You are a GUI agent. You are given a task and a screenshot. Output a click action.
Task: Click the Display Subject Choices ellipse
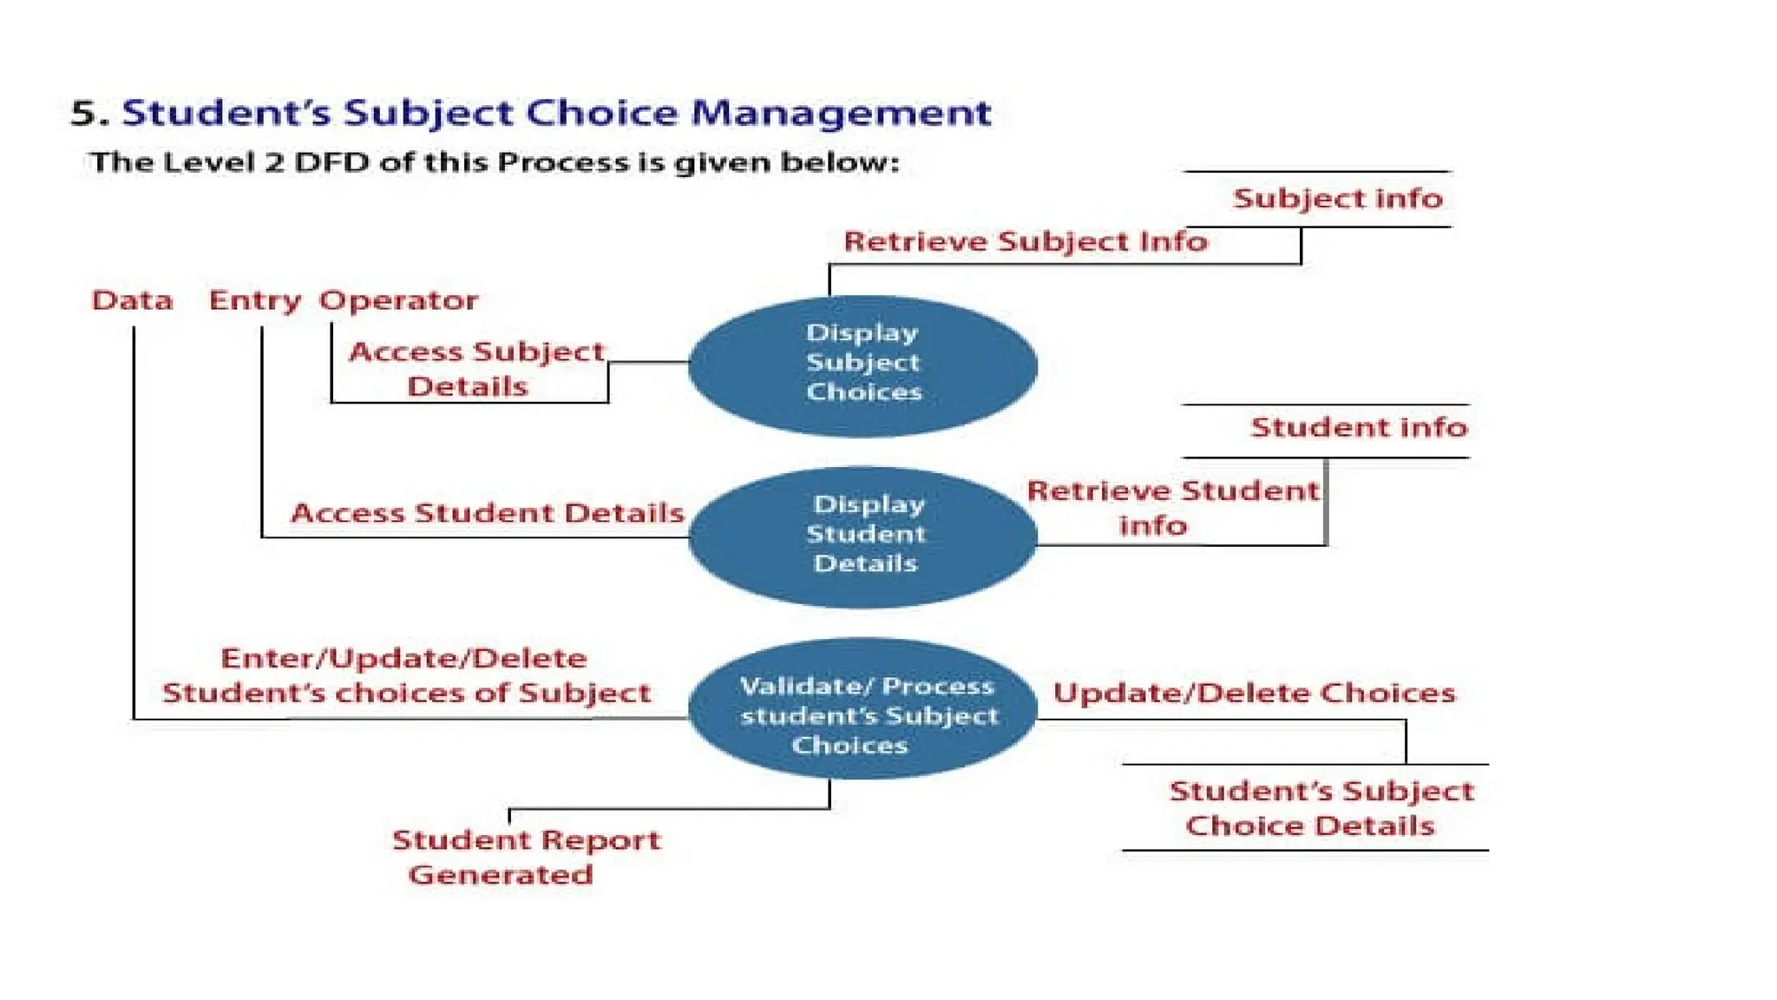pyautogui.click(x=862, y=365)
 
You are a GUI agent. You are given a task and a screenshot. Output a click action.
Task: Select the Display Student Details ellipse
pyautogui.click(x=862, y=536)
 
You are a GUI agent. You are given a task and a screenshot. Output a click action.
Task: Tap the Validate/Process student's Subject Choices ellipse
pyautogui.click(x=862, y=708)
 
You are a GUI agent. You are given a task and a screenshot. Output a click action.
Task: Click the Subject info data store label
pyautogui.click(x=1337, y=199)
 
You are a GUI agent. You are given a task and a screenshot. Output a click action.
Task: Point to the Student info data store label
pyautogui.click(x=1358, y=428)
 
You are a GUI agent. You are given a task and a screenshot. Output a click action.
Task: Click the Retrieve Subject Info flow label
pyautogui.click(x=1025, y=241)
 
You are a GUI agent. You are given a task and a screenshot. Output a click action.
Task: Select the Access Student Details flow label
pyautogui.click(x=487, y=513)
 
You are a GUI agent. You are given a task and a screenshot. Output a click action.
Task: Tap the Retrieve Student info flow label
pyautogui.click(x=1171, y=508)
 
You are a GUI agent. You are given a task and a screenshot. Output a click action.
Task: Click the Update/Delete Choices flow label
pyautogui.click(x=1253, y=693)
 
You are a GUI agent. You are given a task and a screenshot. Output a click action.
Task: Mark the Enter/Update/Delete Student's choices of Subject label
pyautogui.click(x=405, y=675)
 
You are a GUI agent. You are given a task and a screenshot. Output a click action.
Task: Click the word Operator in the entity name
pyautogui.click(x=398, y=300)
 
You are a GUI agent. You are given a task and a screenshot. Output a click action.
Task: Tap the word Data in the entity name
pyautogui.click(x=132, y=300)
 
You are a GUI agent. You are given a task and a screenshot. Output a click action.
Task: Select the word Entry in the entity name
pyautogui.click(x=254, y=300)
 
